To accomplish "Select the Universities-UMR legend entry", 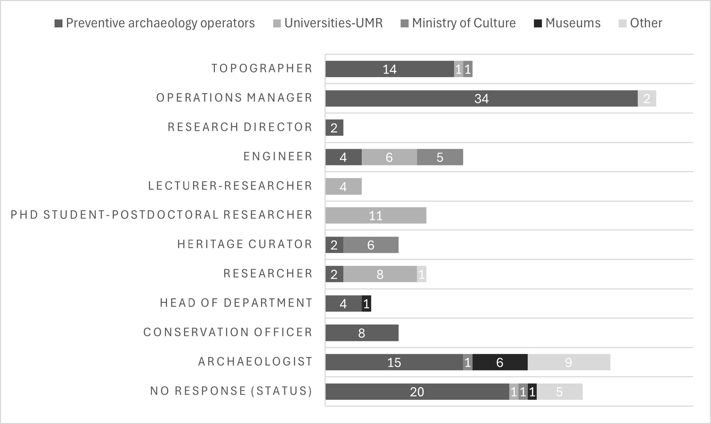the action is click(x=328, y=23).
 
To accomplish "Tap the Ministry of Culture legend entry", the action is click(x=458, y=23).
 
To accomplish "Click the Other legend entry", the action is click(x=641, y=23).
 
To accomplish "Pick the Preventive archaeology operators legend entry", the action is click(x=155, y=23).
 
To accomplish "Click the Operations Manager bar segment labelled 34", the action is click(x=482, y=99).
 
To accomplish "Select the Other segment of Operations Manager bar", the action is click(x=647, y=99).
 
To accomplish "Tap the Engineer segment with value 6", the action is click(x=389, y=157).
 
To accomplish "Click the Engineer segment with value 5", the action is click(x=440, y=157).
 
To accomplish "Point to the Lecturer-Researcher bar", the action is click(x=344, y=187).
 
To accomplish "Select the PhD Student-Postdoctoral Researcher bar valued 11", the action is click(x=376, y=215).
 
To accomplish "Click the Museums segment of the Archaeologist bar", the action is click(x=500, y=362).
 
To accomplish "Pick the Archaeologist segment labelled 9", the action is click(x=569, y=362).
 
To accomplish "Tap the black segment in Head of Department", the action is click(x=366, y=304).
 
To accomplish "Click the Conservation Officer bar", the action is click(x=362, y=333).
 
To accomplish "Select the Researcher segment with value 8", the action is click(x=380, y=274).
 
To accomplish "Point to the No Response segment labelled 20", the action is click(x=417, y=391).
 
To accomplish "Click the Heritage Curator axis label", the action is click(x=245, y=244).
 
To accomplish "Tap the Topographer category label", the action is click(x=262, y=68).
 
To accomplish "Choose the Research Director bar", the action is click(x=334, y=128).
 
